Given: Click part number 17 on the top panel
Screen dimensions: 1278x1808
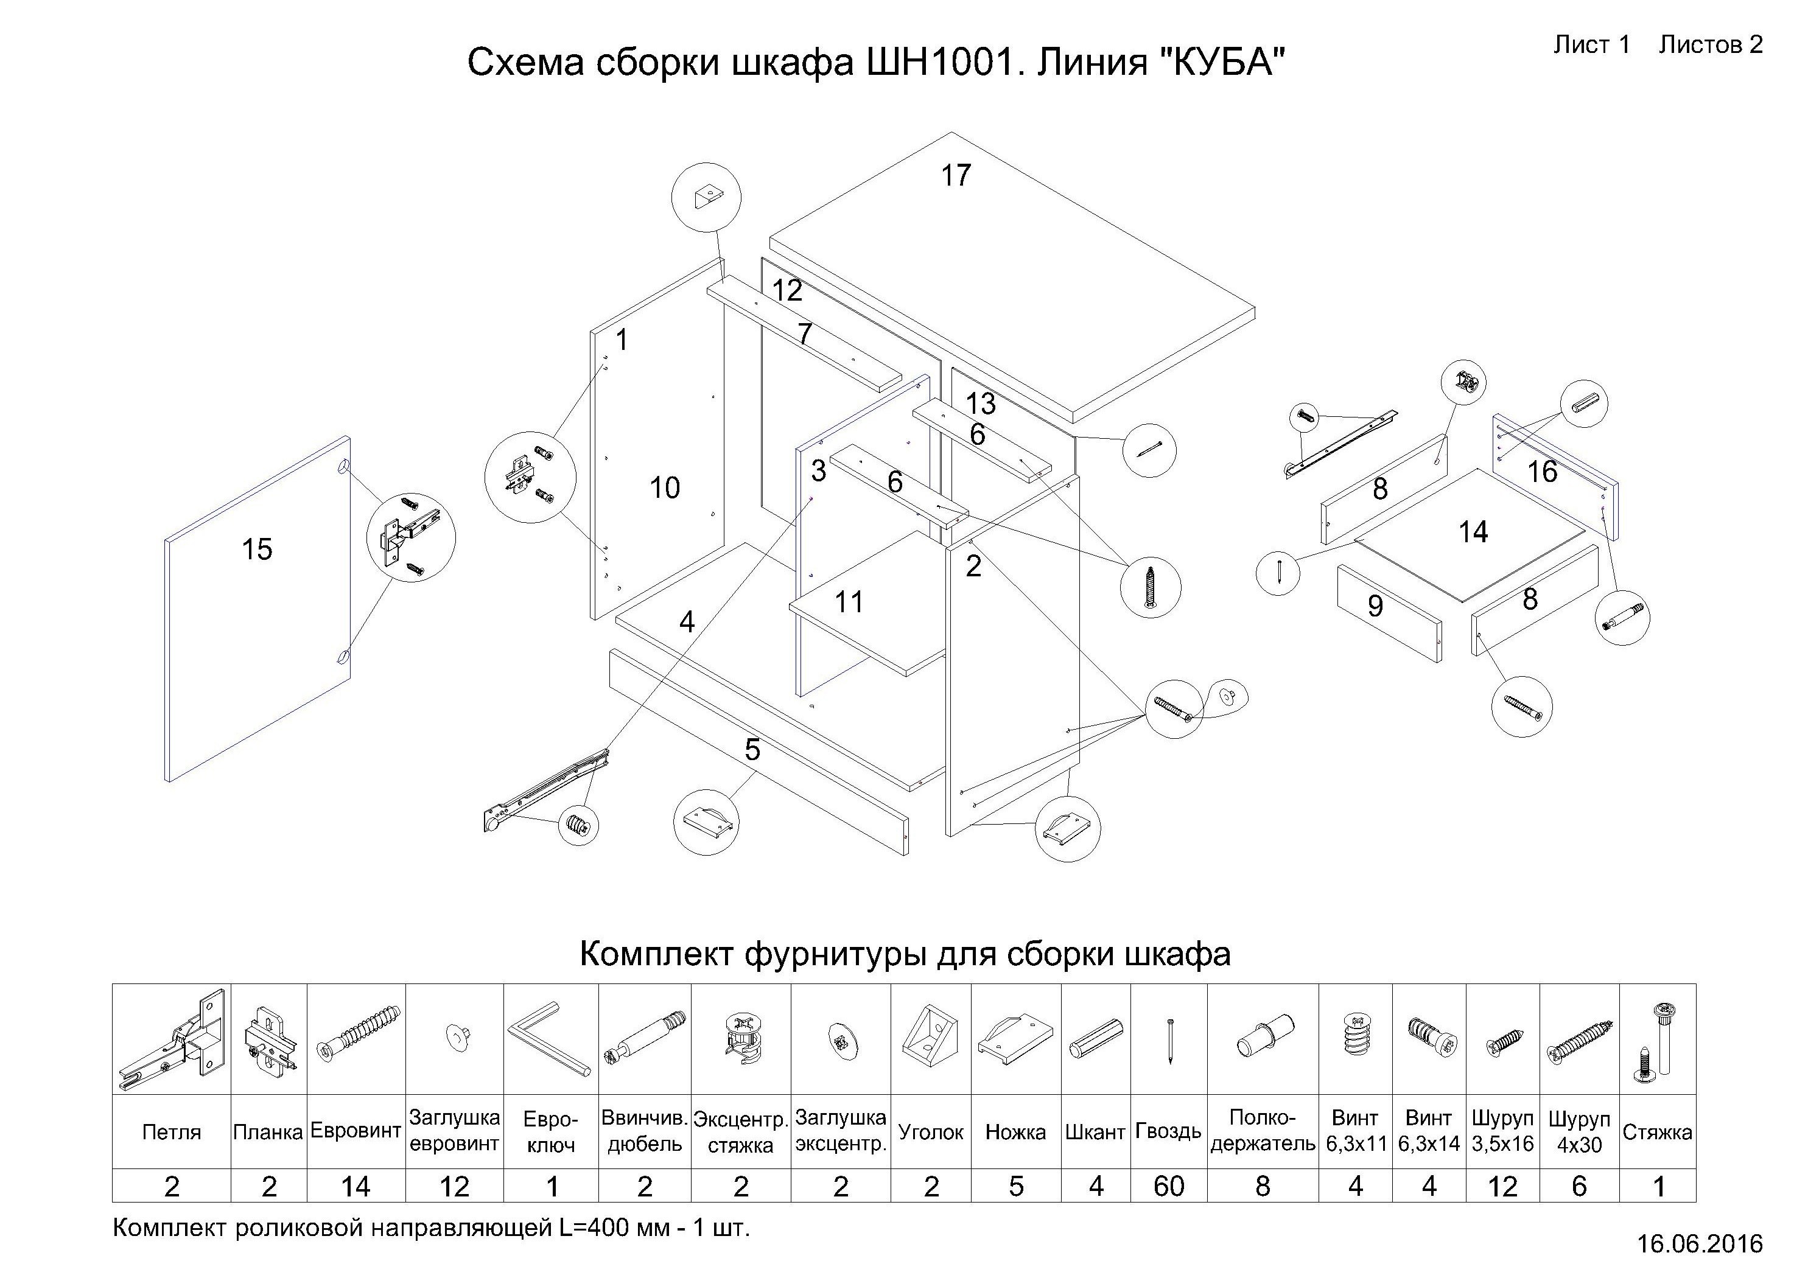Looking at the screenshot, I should click(x=956, y=175).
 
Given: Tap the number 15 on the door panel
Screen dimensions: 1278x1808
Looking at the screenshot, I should click(x=257, y=549).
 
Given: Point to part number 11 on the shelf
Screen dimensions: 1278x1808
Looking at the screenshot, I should click(x=849, y=602).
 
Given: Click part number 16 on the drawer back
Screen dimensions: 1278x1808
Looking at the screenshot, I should click(x=1542, y=472).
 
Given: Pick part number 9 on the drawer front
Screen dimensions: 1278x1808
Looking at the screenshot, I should click(x=1375, y=606).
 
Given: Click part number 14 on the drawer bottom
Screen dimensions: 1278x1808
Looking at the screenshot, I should click(x=1473, y=532).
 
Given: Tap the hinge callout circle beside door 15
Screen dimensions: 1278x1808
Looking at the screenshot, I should click(x=411, y=538).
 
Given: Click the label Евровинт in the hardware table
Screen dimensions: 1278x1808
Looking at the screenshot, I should click(x=356, y=1131).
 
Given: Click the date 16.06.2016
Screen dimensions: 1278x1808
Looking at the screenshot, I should click(x=1699, y=1243).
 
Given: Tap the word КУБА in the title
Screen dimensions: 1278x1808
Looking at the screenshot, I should click(x=1223, y=62).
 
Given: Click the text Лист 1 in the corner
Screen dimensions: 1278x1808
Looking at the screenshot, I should click(x=1591, y=45).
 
